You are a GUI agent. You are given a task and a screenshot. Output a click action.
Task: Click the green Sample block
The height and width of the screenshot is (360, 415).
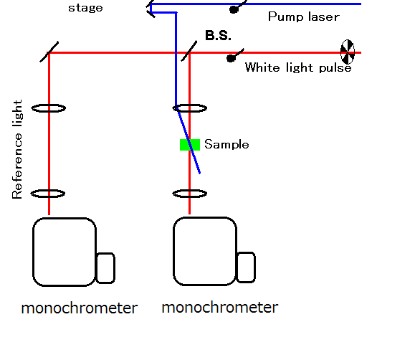[x=190, y=145]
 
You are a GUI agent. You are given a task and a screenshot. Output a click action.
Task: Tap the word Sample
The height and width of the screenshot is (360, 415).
[x=226, y=144]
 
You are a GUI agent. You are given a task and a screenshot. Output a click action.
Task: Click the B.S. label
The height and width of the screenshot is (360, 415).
[x=218, y=35]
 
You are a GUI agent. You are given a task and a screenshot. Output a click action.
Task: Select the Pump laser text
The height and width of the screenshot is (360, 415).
[x=304, y=17]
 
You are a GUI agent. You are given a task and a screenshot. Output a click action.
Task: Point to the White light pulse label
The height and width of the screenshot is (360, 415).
[x=298, y=67]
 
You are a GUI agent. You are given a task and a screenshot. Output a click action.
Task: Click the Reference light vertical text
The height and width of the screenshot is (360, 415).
[x=17, y=149]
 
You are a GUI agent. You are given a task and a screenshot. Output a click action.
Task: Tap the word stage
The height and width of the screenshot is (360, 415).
[x=85, y=8]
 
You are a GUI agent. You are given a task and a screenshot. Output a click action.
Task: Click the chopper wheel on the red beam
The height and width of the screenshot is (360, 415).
[x=348, y=52]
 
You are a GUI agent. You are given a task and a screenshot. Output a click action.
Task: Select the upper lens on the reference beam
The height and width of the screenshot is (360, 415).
[x=49, y=108]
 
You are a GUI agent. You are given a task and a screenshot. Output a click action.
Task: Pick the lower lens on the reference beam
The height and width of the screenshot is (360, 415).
[x=48, y=194]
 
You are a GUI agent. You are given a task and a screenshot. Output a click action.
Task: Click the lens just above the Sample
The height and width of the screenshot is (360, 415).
[x=190, y=108]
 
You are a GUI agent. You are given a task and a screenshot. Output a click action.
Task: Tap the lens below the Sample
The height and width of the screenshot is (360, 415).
[x=190, y=194]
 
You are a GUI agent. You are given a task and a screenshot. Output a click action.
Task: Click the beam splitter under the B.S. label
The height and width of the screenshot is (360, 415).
[x=189, y=51]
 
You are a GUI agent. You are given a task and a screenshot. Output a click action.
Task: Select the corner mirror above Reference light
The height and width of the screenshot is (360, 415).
[x=49, y=52]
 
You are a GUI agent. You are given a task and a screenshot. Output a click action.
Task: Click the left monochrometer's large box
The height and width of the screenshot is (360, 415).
[x=65, y=252]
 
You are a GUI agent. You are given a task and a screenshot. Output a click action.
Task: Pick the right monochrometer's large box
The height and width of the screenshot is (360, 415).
[x=205, y=251]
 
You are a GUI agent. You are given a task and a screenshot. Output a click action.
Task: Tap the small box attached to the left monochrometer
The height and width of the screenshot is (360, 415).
[x=105, y=268]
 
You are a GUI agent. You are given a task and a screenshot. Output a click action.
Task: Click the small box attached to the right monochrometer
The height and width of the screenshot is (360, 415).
[x=246, y=267]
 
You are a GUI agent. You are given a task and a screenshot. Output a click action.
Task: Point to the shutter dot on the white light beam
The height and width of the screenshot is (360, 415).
[x=231, y=58]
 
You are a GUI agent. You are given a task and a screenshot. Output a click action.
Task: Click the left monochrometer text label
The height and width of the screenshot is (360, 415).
[x=80, y=308]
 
